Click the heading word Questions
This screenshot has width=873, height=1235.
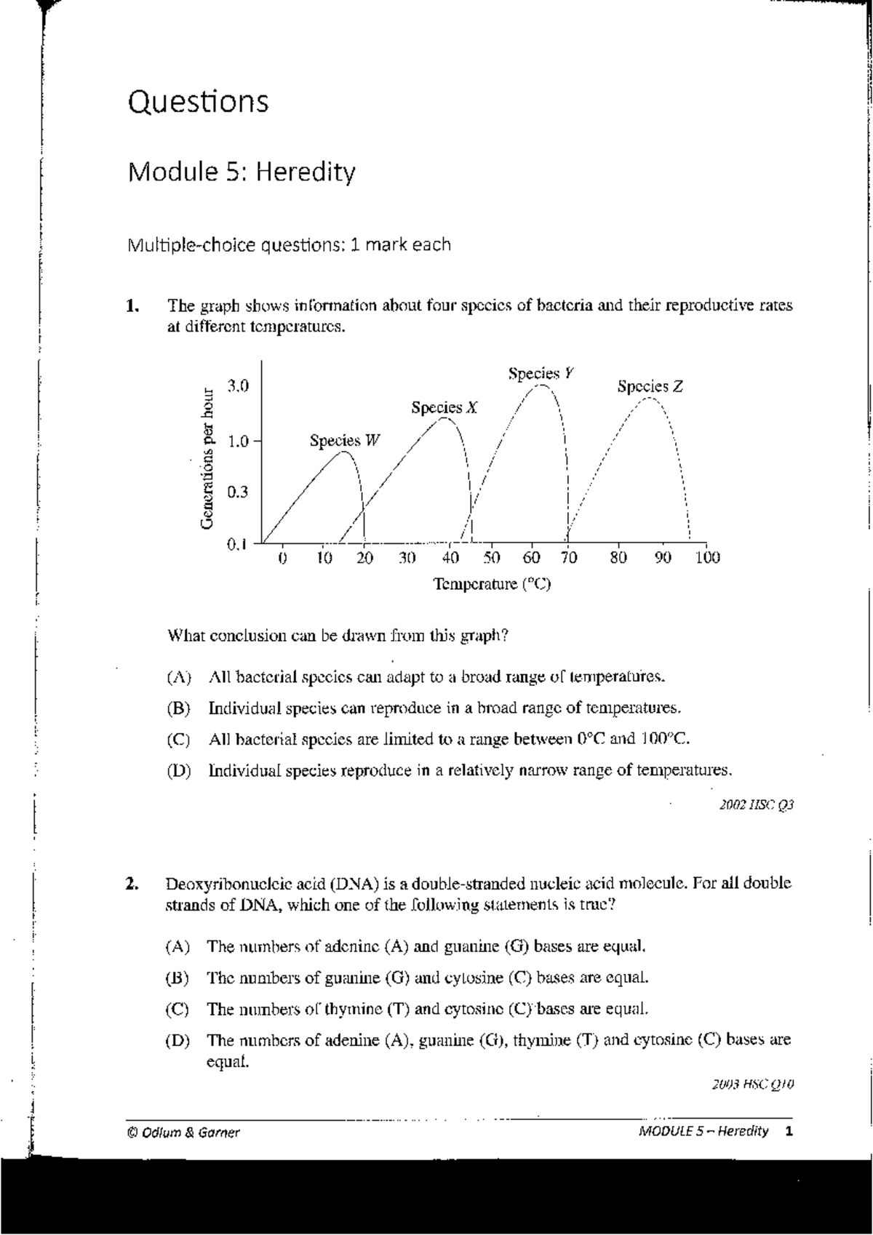[198, 101]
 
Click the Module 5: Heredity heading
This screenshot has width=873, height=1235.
[242, 172]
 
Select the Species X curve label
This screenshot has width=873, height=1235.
[444, 407]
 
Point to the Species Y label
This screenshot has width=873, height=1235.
[541, 373]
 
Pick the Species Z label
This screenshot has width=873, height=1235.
[650, 386]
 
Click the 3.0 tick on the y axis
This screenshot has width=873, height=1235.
[237, 386]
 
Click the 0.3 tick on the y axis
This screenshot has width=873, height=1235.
[237, 492]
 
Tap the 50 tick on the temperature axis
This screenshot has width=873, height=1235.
[492, 558]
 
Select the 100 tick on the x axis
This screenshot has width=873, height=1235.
[706, 558]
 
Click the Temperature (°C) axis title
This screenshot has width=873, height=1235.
[492, 584]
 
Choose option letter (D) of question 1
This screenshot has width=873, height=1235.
[178, 770]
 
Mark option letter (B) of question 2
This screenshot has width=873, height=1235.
[178, 978]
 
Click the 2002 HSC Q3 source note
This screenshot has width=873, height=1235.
[756, 805]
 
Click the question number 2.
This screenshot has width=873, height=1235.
[131, 884]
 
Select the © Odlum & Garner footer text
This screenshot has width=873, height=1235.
[182, 1132]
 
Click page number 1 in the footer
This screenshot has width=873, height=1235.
[789, 1131]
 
